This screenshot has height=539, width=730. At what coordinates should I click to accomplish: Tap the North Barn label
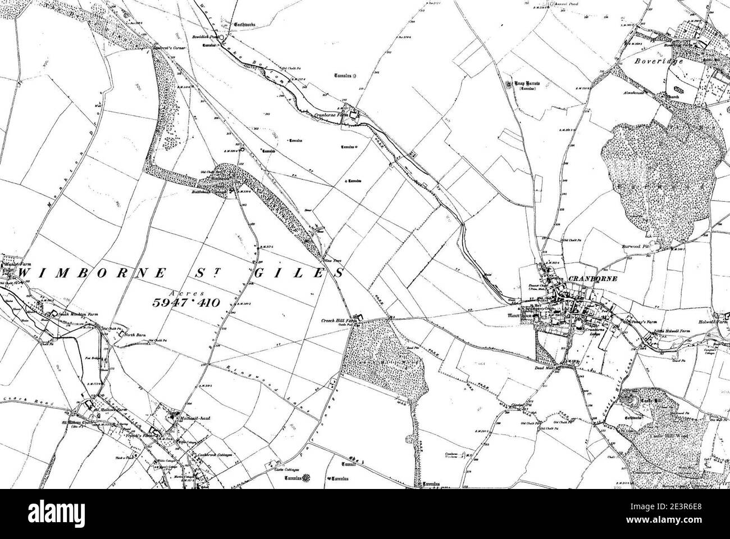[x=134, y=336]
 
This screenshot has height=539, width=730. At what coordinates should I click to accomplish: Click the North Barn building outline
[x=121, y=335]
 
